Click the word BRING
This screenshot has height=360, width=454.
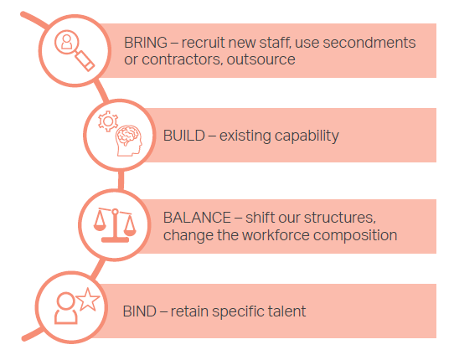(x=146, y=43)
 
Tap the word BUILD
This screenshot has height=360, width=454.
(x=183, y=136)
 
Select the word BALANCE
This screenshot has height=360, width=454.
(x=197, y=218)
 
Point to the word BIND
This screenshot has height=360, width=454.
(x=140, y=311)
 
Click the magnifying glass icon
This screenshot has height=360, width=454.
(x=75, y=50)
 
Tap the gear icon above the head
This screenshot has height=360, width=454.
(x=108, y=121)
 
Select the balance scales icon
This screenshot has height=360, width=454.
(x=115, y=225)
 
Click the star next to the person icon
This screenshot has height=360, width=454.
(x=88, y=300)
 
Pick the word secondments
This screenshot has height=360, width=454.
(x=369, y=43)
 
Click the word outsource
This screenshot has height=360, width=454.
(x=261, y=59)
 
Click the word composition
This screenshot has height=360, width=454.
(x=355, y=235)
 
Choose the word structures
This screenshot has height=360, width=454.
(x=340, y=218)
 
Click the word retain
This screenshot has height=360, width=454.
(x=189, y=312)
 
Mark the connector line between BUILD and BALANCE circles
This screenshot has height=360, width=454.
(x=121, y=180)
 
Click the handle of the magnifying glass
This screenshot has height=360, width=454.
(x=85, y=61)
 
